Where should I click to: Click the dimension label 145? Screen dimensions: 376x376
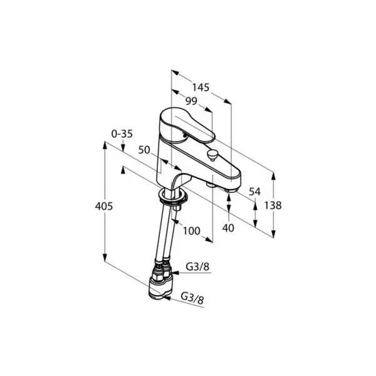[201, 88]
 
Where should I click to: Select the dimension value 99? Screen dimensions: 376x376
[192, 101]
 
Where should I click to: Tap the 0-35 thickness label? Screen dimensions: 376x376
[122, 134]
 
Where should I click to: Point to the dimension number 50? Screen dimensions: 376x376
[144, 150]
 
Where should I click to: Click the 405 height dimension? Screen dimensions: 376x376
[104, 206]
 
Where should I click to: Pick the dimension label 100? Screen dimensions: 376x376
[192, 231]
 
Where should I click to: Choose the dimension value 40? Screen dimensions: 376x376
[228, 228]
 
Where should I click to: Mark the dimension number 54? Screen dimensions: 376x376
[254, 192]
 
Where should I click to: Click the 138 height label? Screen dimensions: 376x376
[273, 206]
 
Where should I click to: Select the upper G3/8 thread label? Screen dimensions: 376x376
[198, 267]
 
